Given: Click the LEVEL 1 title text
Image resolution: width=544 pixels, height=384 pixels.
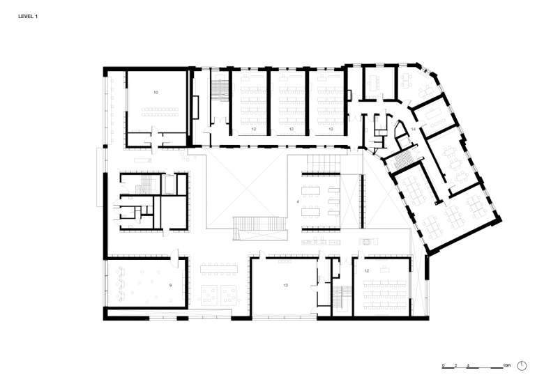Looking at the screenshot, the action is [x=28, y=16].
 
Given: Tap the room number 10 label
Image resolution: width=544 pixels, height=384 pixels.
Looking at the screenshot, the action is [x=156, y=93].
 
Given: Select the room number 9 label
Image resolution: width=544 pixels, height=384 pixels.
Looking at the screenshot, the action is [x=170, y=285].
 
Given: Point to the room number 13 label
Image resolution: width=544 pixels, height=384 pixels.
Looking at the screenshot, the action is [x=285, y=285].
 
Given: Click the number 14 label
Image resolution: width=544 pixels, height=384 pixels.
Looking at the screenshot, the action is [x=413, y=129].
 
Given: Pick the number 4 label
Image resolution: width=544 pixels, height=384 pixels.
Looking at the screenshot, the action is [x=298, y=201].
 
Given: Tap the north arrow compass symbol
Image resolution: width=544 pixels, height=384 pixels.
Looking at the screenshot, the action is [x=522, y=366].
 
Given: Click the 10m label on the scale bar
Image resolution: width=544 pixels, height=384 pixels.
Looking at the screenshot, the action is [x=507, y=366].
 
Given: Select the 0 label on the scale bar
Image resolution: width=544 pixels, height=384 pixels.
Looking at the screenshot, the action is [x=443, y=366].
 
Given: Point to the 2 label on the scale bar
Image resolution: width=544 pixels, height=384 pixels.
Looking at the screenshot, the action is [x=455, y=366].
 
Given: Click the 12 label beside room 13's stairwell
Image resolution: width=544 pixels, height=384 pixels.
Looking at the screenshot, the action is [x=367, y=271].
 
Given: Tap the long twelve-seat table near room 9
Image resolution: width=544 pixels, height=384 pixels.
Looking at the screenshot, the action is [x=219, y=269].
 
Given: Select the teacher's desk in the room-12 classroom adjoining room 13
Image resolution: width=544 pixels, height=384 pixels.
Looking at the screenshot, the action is [x=384, y=268].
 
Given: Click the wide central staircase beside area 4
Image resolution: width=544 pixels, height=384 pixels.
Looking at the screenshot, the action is [x=259, y=228].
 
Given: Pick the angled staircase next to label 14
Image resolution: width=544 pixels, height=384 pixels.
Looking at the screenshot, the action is [x=402, y=160].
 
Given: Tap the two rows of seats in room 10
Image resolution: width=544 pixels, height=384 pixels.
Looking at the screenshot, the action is [x=160, y=112].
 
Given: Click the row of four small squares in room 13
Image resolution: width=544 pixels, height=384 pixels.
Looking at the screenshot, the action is [x=287, y=261].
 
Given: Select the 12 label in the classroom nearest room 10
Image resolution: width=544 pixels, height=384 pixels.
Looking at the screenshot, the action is [x=254, y=129].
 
